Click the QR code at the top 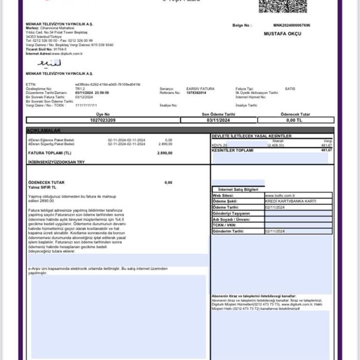pyautogui.click(x=283, y=6)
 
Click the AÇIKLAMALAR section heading pyautogui.click(x=44, y=130)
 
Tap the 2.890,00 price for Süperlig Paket pyautogui.click(x=165, y=144)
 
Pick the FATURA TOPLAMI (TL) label pyautogui.click(x=50, y=153)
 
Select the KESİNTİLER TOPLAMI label pyautogui.click(x=232, y=150)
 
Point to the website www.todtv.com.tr pyautogui.click(x=280, y=195)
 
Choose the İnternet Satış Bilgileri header pyautogui.click(x=238, y=189)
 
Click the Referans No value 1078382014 pyautogui.click(x=196, y=92)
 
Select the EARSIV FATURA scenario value pyautogui.click(x=200, y=89)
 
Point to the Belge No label pyautogui.click(x=242, y=25)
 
